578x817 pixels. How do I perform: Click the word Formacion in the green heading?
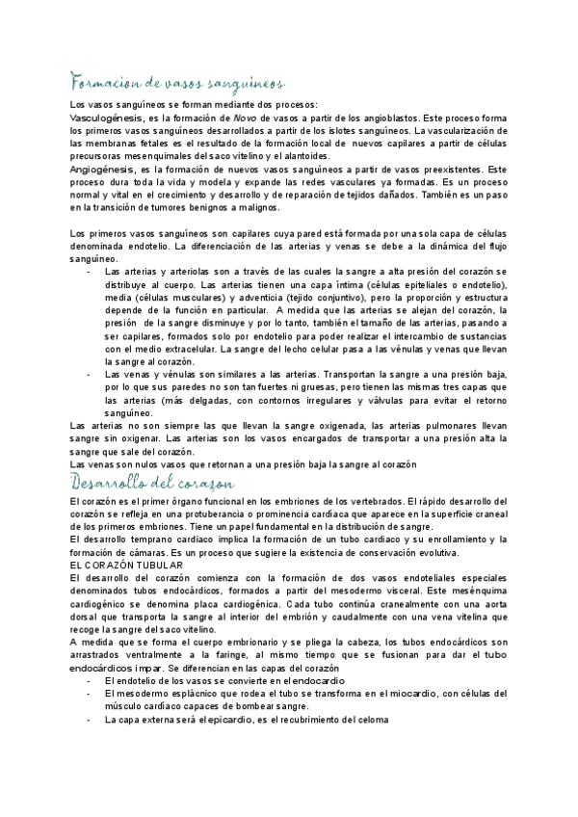(x=98, y=80)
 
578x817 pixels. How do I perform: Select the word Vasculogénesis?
(x=106, y=118)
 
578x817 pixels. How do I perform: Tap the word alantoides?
(x=303, y=156)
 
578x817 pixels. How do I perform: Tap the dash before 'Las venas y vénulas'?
(x=90, y=374)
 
